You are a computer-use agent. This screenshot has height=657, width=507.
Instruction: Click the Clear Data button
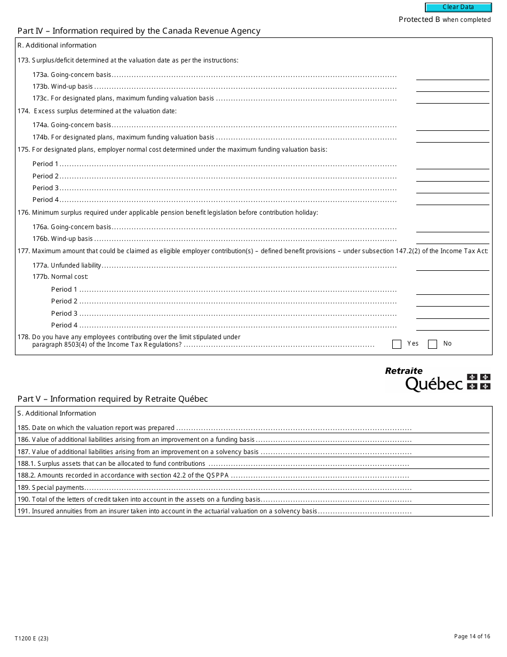458,7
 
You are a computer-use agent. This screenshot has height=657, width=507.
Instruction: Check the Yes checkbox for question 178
397,345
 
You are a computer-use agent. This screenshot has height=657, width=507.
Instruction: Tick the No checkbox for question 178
432,345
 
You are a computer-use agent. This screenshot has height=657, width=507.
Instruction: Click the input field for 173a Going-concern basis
452,75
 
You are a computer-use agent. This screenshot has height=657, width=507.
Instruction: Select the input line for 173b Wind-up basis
452,87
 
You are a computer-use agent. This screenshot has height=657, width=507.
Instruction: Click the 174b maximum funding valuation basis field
452,137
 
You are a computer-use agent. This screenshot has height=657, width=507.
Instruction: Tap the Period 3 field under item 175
452,188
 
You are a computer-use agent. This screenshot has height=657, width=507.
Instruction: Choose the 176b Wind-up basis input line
452,239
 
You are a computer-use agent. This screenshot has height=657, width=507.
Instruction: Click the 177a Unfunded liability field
452,265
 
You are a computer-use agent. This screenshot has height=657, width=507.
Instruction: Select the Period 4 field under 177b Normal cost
452,325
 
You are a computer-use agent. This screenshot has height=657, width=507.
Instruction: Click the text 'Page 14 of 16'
472,636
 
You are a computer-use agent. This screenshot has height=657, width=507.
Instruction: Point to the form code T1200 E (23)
32,638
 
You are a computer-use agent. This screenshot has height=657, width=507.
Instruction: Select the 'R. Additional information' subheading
57,45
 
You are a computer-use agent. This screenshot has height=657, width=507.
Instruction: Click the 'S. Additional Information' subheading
57,413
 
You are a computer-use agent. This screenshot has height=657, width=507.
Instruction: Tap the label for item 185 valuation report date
96,428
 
